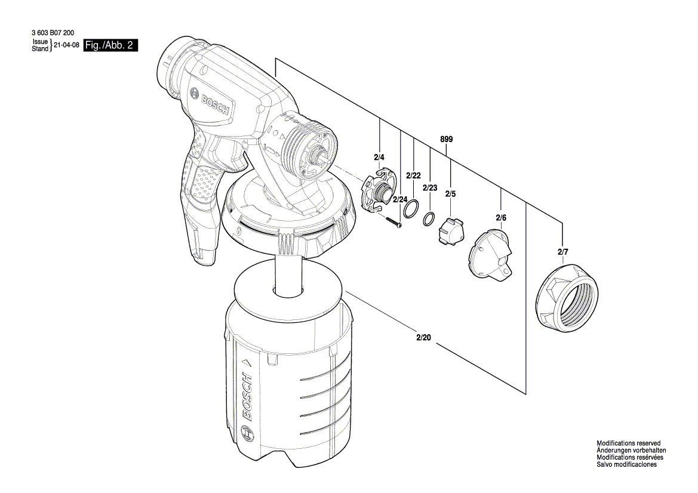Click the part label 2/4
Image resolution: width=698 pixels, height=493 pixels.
(x=380, y=158)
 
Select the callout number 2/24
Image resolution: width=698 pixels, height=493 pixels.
(x=400, y=199)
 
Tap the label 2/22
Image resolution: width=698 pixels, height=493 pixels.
(x=413, y=175)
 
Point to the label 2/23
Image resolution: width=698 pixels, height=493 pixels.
(x=430, y=188)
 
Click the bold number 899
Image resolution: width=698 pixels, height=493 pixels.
(x=447, y=139)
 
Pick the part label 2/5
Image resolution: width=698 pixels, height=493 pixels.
(x=450, y=194)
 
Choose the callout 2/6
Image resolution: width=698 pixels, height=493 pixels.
(x=500, y=218)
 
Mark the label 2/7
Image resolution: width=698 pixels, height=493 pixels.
(x=562, y=253)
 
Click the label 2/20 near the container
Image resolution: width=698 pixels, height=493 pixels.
(x=423, y=338)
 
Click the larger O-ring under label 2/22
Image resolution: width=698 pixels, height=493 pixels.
(x=410, y=209)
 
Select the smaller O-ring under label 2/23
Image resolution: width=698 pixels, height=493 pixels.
(x=429, y=219)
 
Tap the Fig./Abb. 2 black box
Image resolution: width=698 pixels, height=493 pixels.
(x=111, y=45)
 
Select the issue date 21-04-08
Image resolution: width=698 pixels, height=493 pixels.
(x=66, y=45)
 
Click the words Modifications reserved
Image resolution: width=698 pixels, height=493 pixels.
(x=628, y=443)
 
